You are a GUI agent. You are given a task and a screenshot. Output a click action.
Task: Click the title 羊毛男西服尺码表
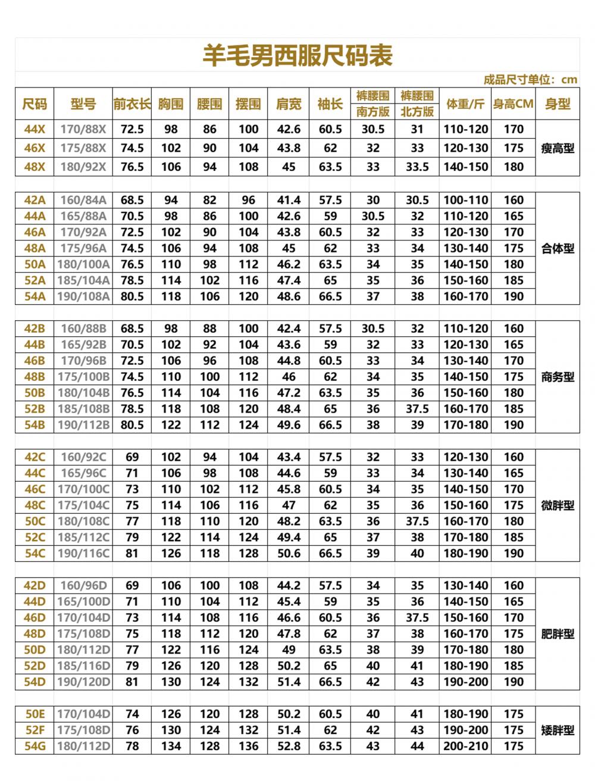tap(297, 56)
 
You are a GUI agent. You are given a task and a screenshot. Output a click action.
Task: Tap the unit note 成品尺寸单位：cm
tap(530, 80)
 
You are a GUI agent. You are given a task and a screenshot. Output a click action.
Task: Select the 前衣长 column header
tap(132, 104)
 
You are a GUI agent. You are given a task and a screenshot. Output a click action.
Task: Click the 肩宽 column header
tap(289, 104)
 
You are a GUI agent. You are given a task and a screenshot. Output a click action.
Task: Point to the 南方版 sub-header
tap(373, 111)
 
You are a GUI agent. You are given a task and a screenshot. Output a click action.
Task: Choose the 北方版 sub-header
tap(417, 111)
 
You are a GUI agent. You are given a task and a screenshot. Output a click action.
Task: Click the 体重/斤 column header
tap(465, 104)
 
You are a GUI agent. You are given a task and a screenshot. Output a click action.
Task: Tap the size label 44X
tap(35, 129)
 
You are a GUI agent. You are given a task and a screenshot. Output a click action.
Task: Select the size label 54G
tap(35, 746)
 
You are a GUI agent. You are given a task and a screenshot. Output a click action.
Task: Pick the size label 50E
tap(35, 714)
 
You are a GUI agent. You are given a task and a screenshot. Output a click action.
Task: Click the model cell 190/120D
tap(83, 682)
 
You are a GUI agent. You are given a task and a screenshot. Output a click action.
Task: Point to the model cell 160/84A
tap(83, 201)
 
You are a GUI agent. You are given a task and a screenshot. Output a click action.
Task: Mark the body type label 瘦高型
tap(558, 148)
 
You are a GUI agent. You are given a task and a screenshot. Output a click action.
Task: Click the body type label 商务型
tap(558, 377)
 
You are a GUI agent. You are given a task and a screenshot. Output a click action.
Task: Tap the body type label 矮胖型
tap(558, 730)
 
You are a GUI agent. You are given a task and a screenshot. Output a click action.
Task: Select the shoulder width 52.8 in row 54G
tap(289, 746)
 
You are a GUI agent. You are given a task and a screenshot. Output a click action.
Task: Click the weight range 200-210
tap(465, 746)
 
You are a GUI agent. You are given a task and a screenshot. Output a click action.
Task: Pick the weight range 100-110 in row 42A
tap(465, 201)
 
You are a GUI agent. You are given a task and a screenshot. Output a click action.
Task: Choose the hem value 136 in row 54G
tap(248, 746)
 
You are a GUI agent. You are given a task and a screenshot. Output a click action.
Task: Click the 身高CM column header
tap(513, 104)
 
